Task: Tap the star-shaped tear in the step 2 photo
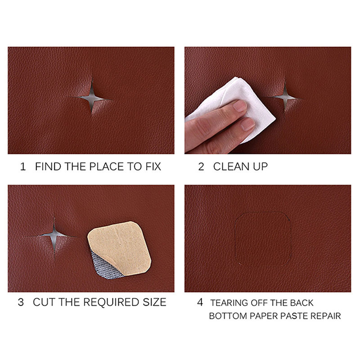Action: tap(285, 98)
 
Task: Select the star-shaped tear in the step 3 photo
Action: tap(54, 237)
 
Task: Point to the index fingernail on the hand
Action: tap(240, 106)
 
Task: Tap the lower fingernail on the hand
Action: tap(247, 124)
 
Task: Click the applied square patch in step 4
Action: tap(263, 239)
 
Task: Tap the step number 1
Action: tap(23, 166)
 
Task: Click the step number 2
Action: tap(201, 166)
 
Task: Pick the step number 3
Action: tap(21, 302)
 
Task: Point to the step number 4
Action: tap(200, 302)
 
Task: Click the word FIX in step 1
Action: tap(153, 166)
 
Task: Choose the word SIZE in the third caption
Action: tap(154, 302)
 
